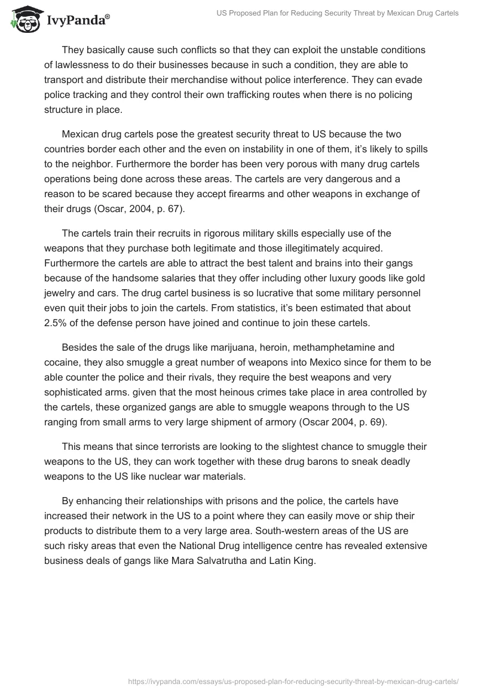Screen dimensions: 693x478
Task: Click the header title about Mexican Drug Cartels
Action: (x=337, y=13)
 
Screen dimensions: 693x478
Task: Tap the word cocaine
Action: (x=63, y=362)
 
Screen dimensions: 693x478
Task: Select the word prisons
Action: (x=252, y=501)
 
